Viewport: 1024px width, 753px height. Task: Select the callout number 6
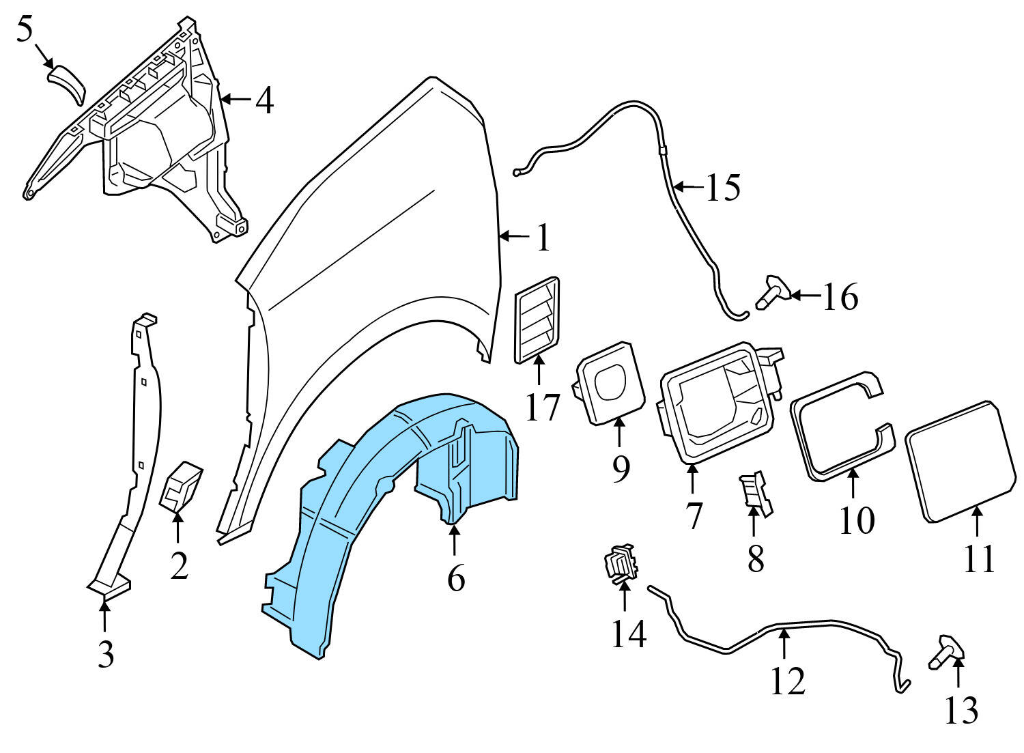456,579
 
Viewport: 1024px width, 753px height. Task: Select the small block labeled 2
181,485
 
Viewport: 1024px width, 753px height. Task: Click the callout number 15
722,187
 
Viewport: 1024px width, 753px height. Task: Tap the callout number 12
788,681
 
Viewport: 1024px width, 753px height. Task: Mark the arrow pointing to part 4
235,100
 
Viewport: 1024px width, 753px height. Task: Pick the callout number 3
105,655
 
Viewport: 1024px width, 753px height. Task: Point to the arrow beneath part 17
539,372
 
